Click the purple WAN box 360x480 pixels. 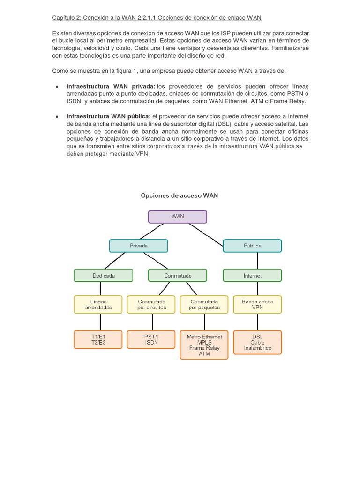(x=178, y=217)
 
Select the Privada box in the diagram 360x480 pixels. (x=139, y=246)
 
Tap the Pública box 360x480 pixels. (x=252, y=246)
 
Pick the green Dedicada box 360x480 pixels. (x=104, y=275)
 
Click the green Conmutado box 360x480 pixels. (x=178, y=275)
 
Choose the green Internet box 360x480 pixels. (x=252, y=275)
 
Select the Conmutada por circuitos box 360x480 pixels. (x=151, y=304)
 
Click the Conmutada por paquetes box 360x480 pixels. (x=204, y=304)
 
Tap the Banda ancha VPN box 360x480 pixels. (x=257, y=304)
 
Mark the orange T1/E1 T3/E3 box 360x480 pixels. (x=98, y=339)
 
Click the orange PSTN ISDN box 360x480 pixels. (x=151, y=339)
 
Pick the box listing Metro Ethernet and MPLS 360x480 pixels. (x=204, y=345)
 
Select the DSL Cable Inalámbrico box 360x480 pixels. (x=257, y=342)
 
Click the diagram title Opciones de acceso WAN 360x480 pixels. (x=180, y=195)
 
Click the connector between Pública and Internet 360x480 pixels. (x=252, y=261)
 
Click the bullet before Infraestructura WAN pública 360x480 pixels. (x=56, y=116)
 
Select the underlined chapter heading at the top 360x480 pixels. (x=156, y=18)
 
